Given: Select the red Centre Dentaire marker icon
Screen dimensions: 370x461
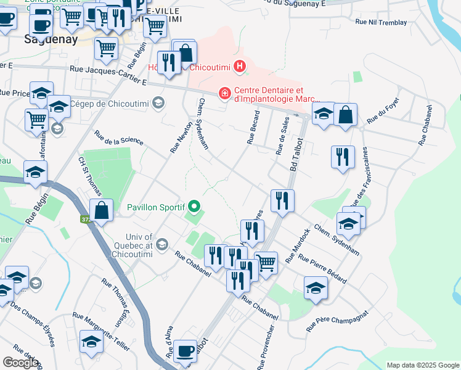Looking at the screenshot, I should (226, 93).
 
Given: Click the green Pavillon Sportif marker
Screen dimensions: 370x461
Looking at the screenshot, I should (195, 207).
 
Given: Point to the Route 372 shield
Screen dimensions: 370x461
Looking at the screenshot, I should (85, 219).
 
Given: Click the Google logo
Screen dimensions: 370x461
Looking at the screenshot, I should (20, 363).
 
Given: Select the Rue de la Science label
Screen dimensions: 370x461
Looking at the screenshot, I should (118, 138).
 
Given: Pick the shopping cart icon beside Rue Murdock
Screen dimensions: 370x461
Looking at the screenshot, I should (266, 263).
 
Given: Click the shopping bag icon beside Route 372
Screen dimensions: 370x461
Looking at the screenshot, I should (102, 210).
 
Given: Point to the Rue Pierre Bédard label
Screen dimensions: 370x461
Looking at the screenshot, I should (322, 268).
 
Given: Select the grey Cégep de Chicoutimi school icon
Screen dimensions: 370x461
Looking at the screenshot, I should (159, 102).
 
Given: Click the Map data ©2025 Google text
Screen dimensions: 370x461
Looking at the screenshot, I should (422, 365).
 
